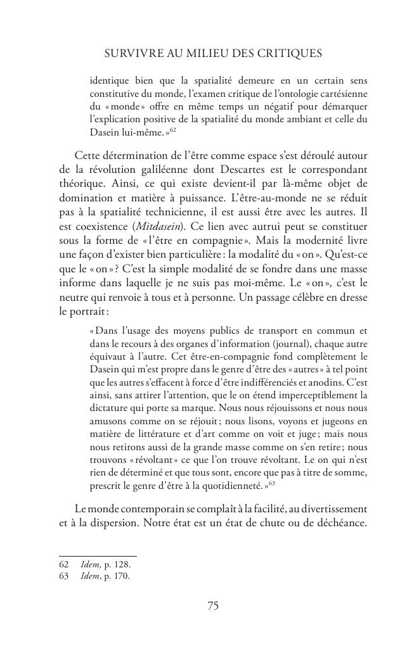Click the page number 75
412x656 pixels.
[213, 606]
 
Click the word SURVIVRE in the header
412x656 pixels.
[131, 54]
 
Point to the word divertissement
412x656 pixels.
[332, 508]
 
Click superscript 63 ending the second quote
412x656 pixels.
[271, 483]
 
